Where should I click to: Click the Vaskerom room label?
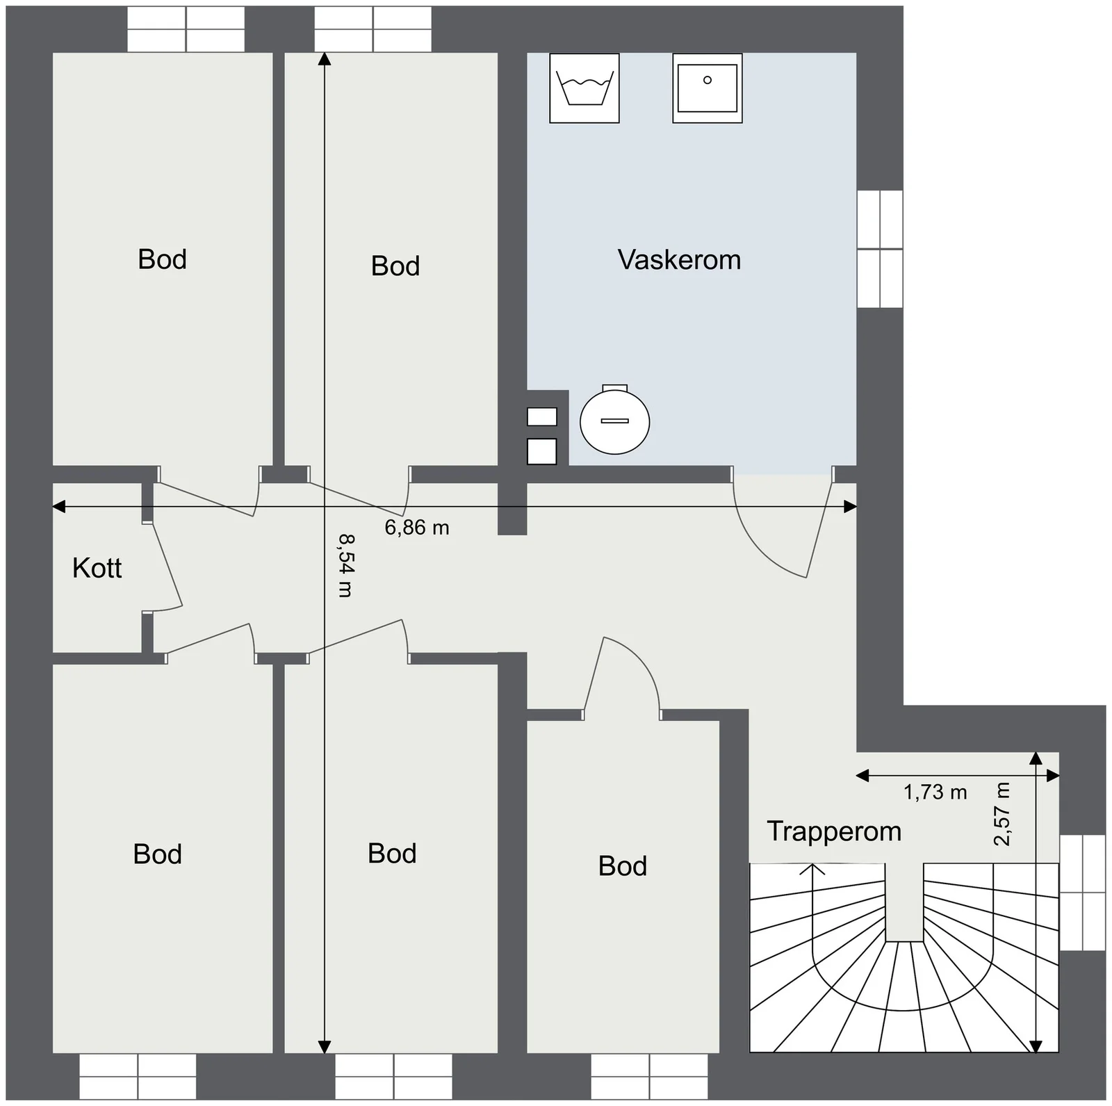[679, 260]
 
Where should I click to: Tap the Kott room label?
[97, 569]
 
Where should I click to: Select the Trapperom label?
[834, 832]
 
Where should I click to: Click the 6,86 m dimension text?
[417, 528]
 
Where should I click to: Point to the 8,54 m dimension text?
[345, 564]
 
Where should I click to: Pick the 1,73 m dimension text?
[935, 792]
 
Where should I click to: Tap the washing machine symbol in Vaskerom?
[584, 88]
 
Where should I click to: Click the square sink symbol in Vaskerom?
[708, 88]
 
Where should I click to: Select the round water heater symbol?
[614, 420]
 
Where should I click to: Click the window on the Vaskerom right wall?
[880, 249]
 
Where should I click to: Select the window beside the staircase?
[1082, 893]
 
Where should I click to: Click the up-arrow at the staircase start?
[812, 870]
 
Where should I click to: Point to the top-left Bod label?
[162, 259]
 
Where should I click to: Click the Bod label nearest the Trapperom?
[623, 866]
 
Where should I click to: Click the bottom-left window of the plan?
[138, 1077]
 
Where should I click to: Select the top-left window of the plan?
[186, 29]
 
